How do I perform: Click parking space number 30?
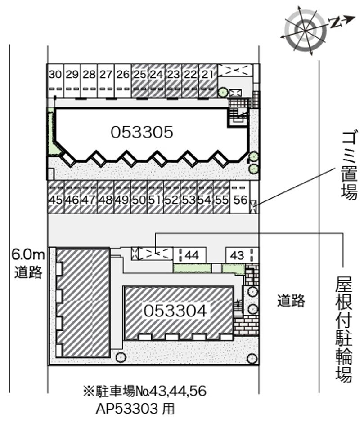[x=55, y=80]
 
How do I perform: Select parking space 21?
[x=208, y=80]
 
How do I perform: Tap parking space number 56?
[x=240, y=197]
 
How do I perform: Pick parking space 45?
[x=56, y=197]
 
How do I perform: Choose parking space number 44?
[x=189, y=255]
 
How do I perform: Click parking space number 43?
[x=242, y=255]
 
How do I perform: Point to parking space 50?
[x=139, y=197]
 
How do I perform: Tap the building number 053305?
[x=142, y=132]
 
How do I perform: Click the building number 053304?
[x=175, y=311]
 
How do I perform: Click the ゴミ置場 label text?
[x=349, y=165]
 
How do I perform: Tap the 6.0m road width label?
[x=28, y=255]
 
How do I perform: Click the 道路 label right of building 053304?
[x=291, y=301]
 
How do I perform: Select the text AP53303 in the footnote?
[x=127, y=409]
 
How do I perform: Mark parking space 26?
[x=123, y=80]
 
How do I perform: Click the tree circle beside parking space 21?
[x=223, y=92]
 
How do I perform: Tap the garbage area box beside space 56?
[x=253, y=207]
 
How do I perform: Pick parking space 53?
[x=189, y=197]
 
